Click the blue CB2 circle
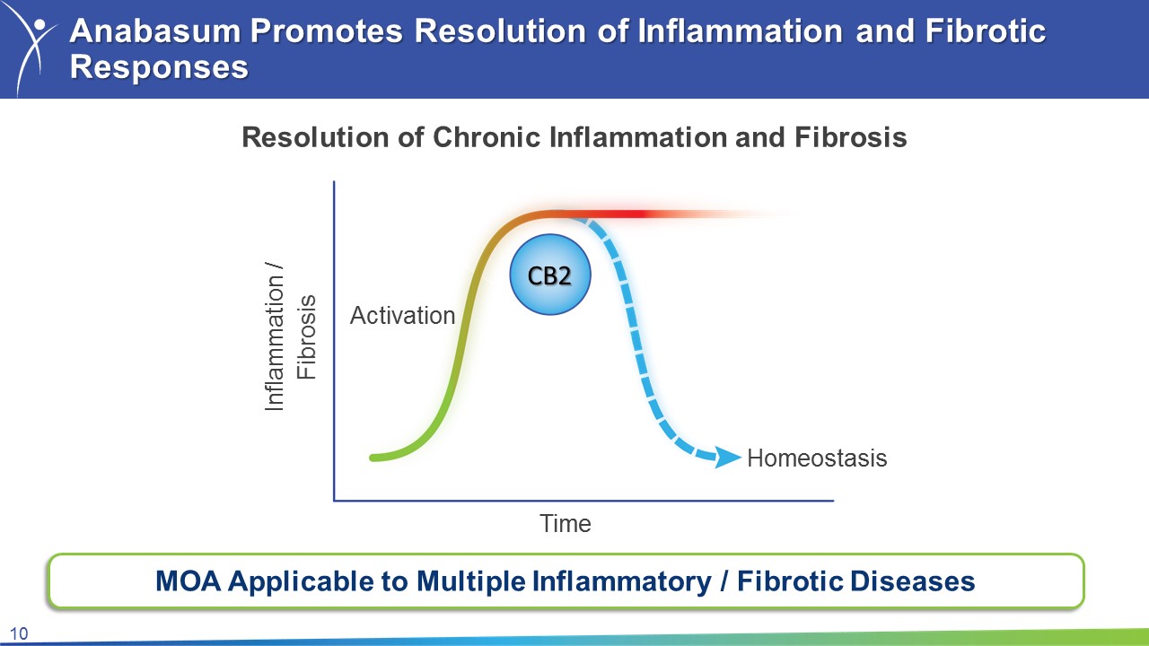click(550, 275)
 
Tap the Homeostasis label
click(817, 458)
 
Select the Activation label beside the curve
click(403, 315)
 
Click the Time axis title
click(566, 523)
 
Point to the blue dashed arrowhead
click(727, 457)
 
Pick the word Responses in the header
click(159, 68)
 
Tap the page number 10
click(19, 634)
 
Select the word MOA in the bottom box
click(189, 581)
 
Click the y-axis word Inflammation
click(275, 344)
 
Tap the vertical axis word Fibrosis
click(307, 337)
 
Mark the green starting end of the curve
click(373, 458)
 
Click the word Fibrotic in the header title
click(986, 31)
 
